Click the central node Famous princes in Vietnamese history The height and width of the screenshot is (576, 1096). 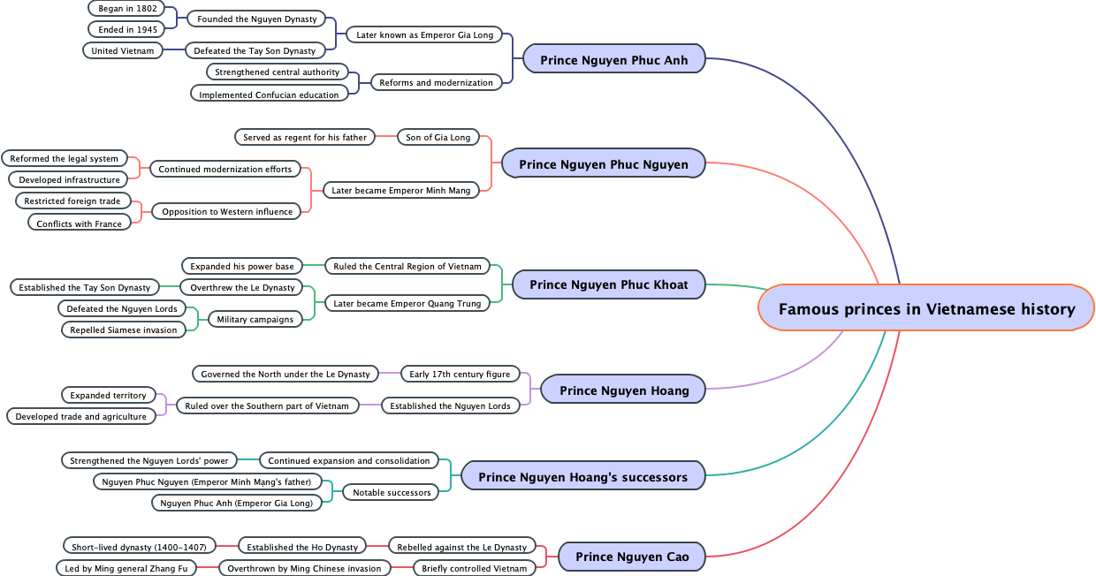coord(926,308)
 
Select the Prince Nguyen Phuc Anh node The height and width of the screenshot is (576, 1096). coord(614,59)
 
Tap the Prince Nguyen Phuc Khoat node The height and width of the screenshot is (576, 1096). coord(608,284)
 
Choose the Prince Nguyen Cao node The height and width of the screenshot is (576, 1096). coord(632,557)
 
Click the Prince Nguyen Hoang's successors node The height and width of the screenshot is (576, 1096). coord(582,477)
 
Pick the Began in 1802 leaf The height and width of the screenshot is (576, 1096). coord(127,9)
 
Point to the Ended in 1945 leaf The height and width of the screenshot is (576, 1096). coord(127,30)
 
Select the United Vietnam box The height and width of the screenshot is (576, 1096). coord(123,50)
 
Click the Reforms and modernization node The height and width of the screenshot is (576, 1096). coord(436,82)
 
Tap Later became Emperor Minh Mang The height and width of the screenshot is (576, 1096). coord(401,190)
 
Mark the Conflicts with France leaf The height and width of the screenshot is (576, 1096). coord(79,224)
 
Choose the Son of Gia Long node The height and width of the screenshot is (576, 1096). coord(438,137)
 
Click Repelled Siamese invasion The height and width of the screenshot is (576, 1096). coord(124,330)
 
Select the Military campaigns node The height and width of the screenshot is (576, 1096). coord(250,319)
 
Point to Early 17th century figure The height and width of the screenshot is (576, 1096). coord(460,374)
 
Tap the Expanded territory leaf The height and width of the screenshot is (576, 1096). coord(108,395)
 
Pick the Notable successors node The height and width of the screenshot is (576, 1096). coord(391,492)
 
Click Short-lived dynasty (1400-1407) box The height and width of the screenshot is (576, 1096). coord(138,547)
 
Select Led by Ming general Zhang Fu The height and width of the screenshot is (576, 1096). coord(126,568)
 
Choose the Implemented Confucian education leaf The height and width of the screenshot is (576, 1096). coord(269,95)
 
